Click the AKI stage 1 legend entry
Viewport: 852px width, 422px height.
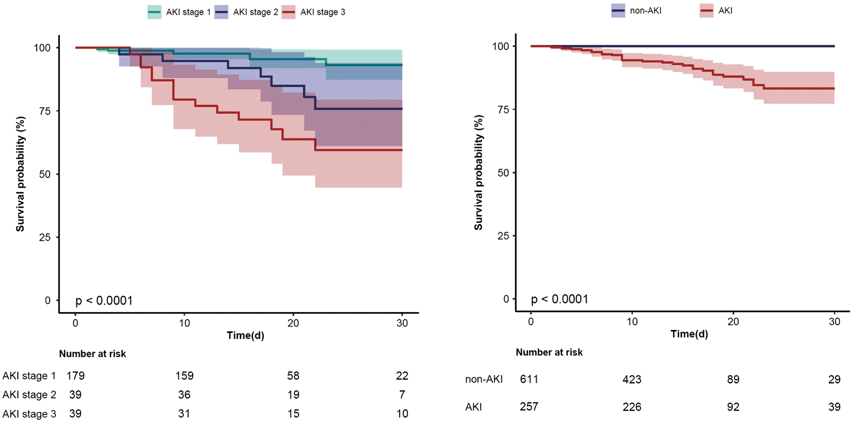click(179, 12)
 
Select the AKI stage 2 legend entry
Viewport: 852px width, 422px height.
click(246, 12)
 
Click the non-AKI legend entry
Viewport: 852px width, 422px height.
click(637, 10)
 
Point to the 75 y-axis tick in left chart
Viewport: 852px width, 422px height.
click(45, 111)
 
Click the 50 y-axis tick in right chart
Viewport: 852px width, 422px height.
click(503, 173)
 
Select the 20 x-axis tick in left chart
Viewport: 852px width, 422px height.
click(293, 323)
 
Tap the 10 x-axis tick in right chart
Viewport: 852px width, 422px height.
click(632, 322)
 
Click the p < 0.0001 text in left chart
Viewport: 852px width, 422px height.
click(104, 301)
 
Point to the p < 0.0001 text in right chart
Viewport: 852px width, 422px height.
click(560, 299)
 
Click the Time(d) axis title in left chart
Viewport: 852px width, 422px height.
click(246, 335)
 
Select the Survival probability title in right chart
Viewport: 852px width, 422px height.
click(479, 173)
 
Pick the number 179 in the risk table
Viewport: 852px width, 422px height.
click(76, 376)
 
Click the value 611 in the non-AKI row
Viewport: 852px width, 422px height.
click(529, 379)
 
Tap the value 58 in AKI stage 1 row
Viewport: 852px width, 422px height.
click(293, 376)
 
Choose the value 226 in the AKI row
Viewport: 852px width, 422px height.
click(632, 407)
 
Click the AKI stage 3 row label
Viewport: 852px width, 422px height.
click(29, 414)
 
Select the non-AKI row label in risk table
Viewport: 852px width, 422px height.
click(484, 379)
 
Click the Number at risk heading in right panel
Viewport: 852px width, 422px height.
click(549, 352)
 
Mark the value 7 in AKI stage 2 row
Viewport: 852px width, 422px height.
click(402, 395)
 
